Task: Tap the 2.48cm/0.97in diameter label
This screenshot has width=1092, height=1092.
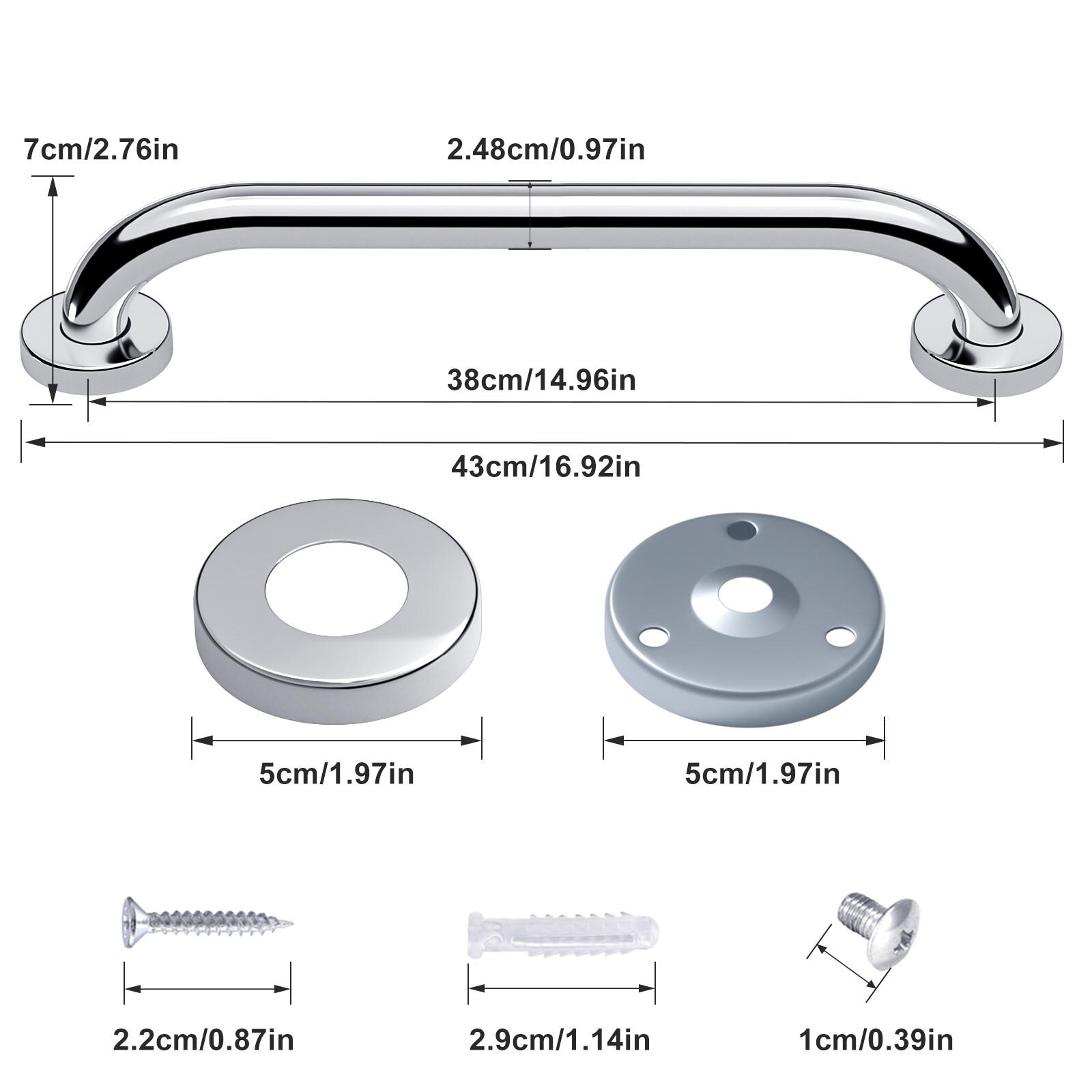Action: point(546,149)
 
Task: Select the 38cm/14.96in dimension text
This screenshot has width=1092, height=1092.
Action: point(541,380)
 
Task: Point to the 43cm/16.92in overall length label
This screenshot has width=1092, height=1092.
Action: point(546,468)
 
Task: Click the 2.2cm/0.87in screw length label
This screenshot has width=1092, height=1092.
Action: point(203,1040)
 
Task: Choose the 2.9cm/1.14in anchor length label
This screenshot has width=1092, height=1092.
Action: point(560,1040)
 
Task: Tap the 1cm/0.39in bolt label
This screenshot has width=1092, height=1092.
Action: point(876,1040)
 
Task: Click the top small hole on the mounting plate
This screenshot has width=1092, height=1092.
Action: point(742,529)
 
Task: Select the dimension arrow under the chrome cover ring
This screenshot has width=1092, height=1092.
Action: point(336,741)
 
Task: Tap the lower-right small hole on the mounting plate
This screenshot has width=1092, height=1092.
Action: point(839,637)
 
